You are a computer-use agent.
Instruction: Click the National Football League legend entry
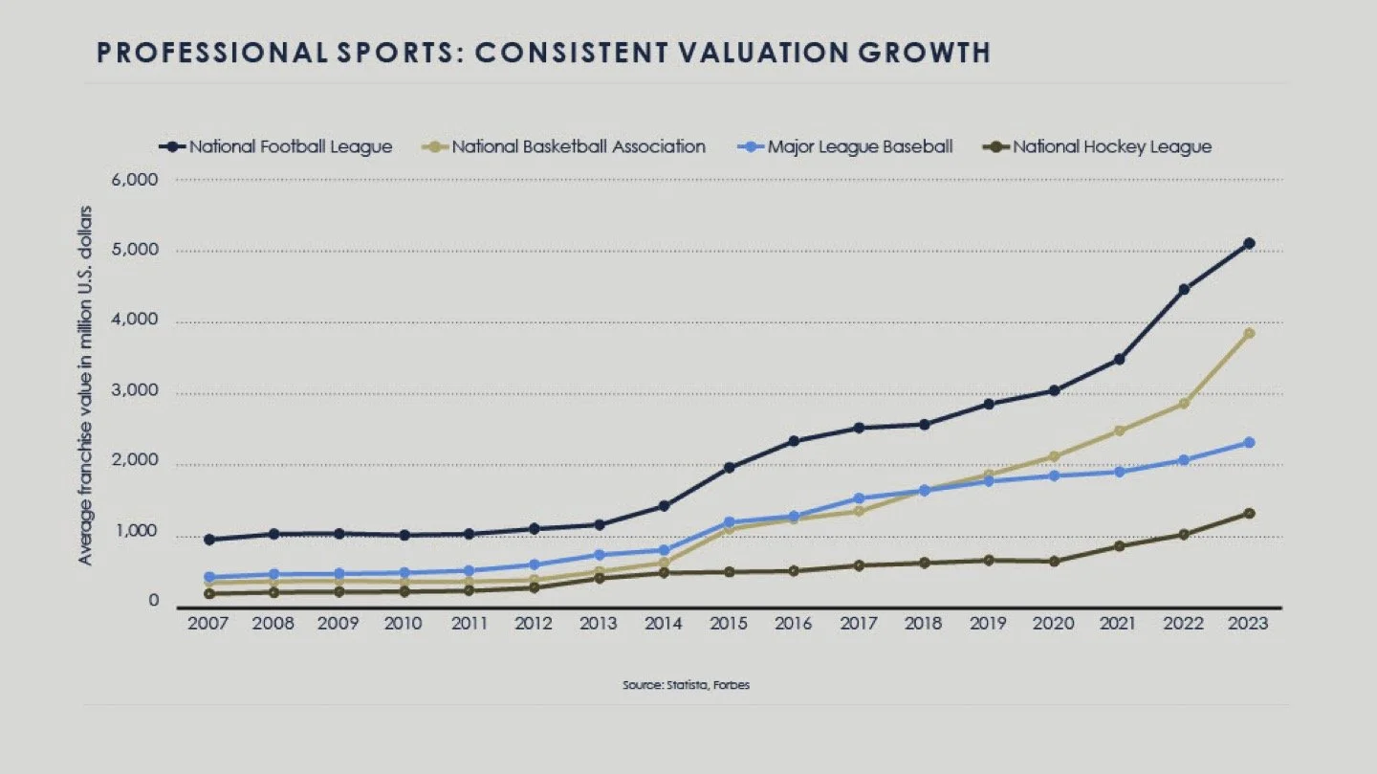[x=277, y=146]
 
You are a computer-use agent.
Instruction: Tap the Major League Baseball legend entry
[x=847, y=146]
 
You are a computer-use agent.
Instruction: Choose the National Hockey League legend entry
[x=1100, y=146]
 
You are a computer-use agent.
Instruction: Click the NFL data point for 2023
[x=1249, y=243]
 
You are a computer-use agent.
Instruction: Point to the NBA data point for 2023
[x=1249, y=333]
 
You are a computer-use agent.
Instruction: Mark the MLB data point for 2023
[x=1249, y=442]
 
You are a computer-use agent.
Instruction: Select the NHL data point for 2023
[x=1249, y=513]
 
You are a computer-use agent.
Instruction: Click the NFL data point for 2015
[x=729, y=468]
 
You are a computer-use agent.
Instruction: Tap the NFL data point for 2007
[x=208, y=540]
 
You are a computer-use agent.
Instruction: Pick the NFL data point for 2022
[x=1184, y=289]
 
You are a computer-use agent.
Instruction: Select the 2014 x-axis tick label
[x=664, y=623]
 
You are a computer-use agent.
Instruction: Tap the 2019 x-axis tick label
[x=989, y=623]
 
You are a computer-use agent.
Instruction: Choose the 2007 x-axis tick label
[x=208, y=623]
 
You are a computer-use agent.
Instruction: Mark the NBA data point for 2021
[x=1119, y=431]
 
